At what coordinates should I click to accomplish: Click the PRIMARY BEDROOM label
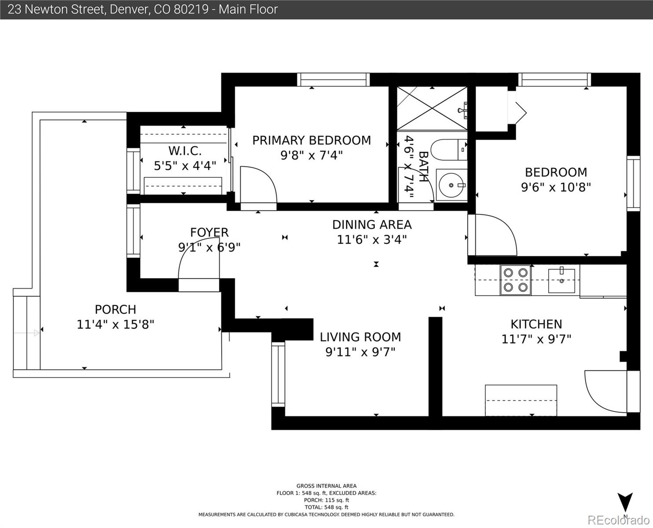coord(312,140)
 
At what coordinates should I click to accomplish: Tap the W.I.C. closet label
coord(185,151)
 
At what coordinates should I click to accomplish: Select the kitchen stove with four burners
coord(516,280)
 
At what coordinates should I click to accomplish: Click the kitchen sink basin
coord(561,280)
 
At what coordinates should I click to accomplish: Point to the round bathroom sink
coord(451,185)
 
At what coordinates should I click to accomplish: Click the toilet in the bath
coord(448,150)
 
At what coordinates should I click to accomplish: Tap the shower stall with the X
coord(432,108)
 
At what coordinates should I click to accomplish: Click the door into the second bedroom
coord(492,235)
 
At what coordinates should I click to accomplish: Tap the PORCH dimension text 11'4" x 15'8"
coord(115,325)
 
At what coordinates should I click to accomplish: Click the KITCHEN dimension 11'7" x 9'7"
coord(536,339)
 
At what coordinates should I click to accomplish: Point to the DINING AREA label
coord(372,225)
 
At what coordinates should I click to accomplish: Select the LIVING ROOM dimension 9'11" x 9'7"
coord(360,352)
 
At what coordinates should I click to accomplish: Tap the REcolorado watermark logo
coord(618,520)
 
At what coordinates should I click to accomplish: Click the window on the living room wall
coord(278,374)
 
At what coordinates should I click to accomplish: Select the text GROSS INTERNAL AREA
coord(326,486)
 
